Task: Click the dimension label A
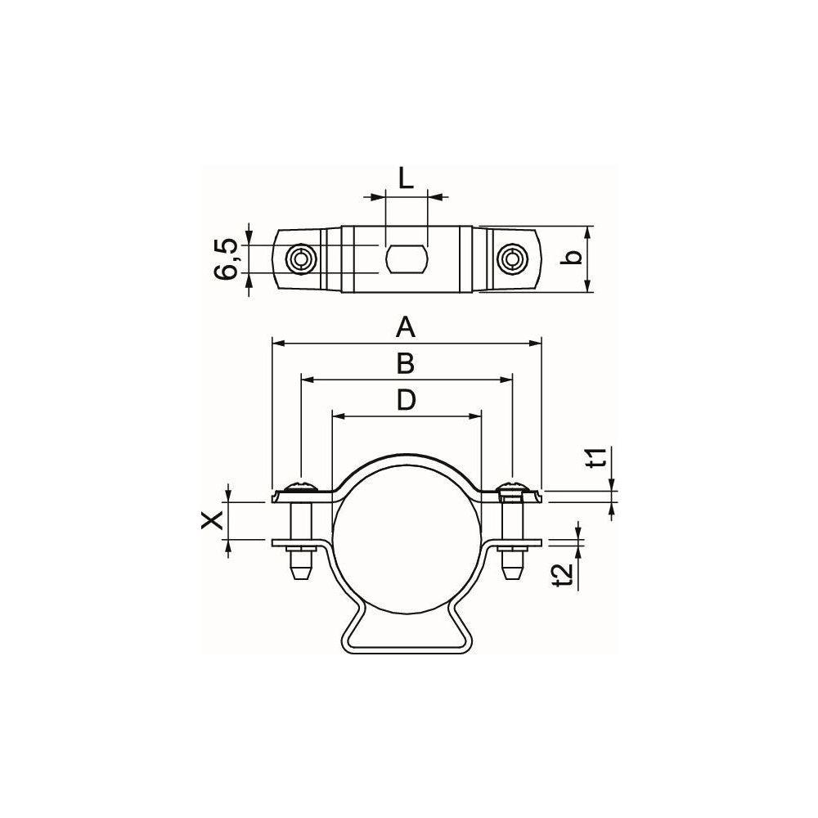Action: tap(406, 328)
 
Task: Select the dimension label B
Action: tap(406, 364)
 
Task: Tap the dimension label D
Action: tap(406, 400)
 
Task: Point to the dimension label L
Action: tap(406, 178)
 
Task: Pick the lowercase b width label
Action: tap(573, 258)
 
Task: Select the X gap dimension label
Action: tap(213, 520)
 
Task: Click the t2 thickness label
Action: tap(565, 575)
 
